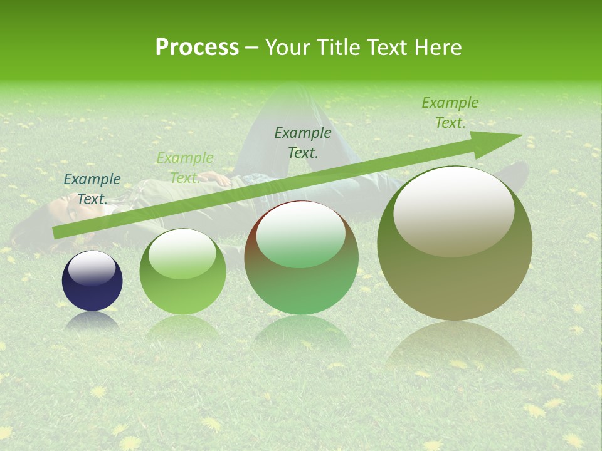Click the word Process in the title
point(197,48)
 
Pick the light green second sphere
point(182,272)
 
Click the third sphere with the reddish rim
point(302,257)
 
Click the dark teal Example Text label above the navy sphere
point(92,189)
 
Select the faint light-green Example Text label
point(184,168)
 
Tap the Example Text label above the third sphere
point(303,142)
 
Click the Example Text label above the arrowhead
point(450,112)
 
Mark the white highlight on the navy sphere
point(92,268)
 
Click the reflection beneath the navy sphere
point(92,321)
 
